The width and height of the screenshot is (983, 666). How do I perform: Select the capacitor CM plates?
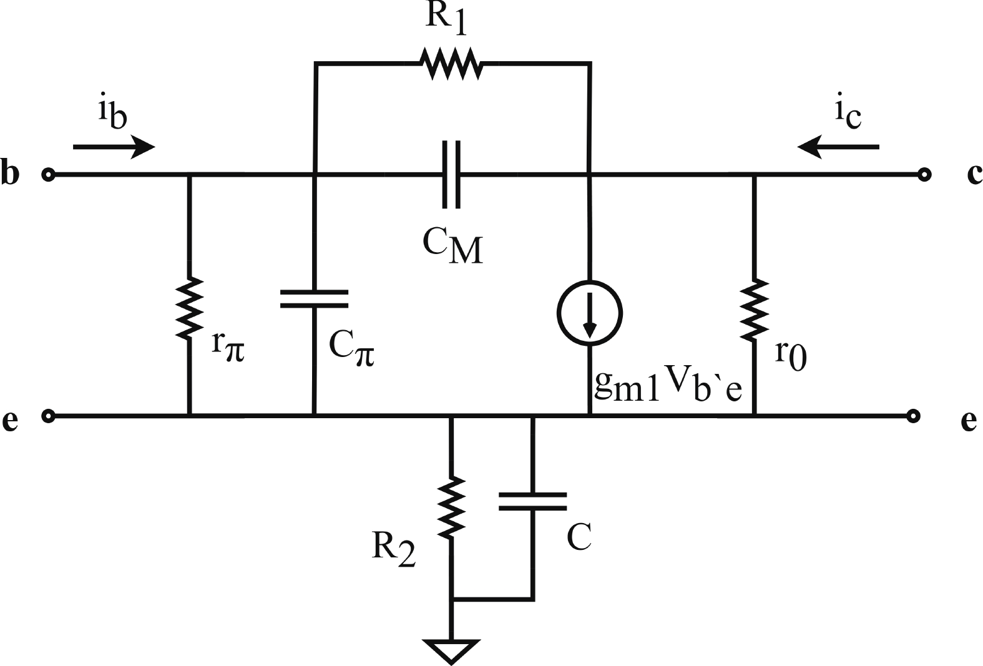[x=452, y=174]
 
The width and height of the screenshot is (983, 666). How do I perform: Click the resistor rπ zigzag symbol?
[x=189, y=308]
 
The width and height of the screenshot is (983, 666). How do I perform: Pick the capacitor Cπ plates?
[x=314, y=298]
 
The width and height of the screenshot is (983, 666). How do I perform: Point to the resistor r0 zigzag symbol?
[x=754, y=310]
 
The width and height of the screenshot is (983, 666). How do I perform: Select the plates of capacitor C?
[x=532, y=501]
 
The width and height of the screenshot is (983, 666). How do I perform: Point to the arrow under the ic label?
[x=838, y=147]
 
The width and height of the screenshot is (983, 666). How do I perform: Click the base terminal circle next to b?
[x=48, y=174]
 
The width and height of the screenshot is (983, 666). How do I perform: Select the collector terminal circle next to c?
[x=923, y=174]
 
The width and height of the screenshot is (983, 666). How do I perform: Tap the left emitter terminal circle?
[x=48, y=414]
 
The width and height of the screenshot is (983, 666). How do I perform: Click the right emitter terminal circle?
[x=912, y=414]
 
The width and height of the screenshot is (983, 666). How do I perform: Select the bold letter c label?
[x=973, y=174]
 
